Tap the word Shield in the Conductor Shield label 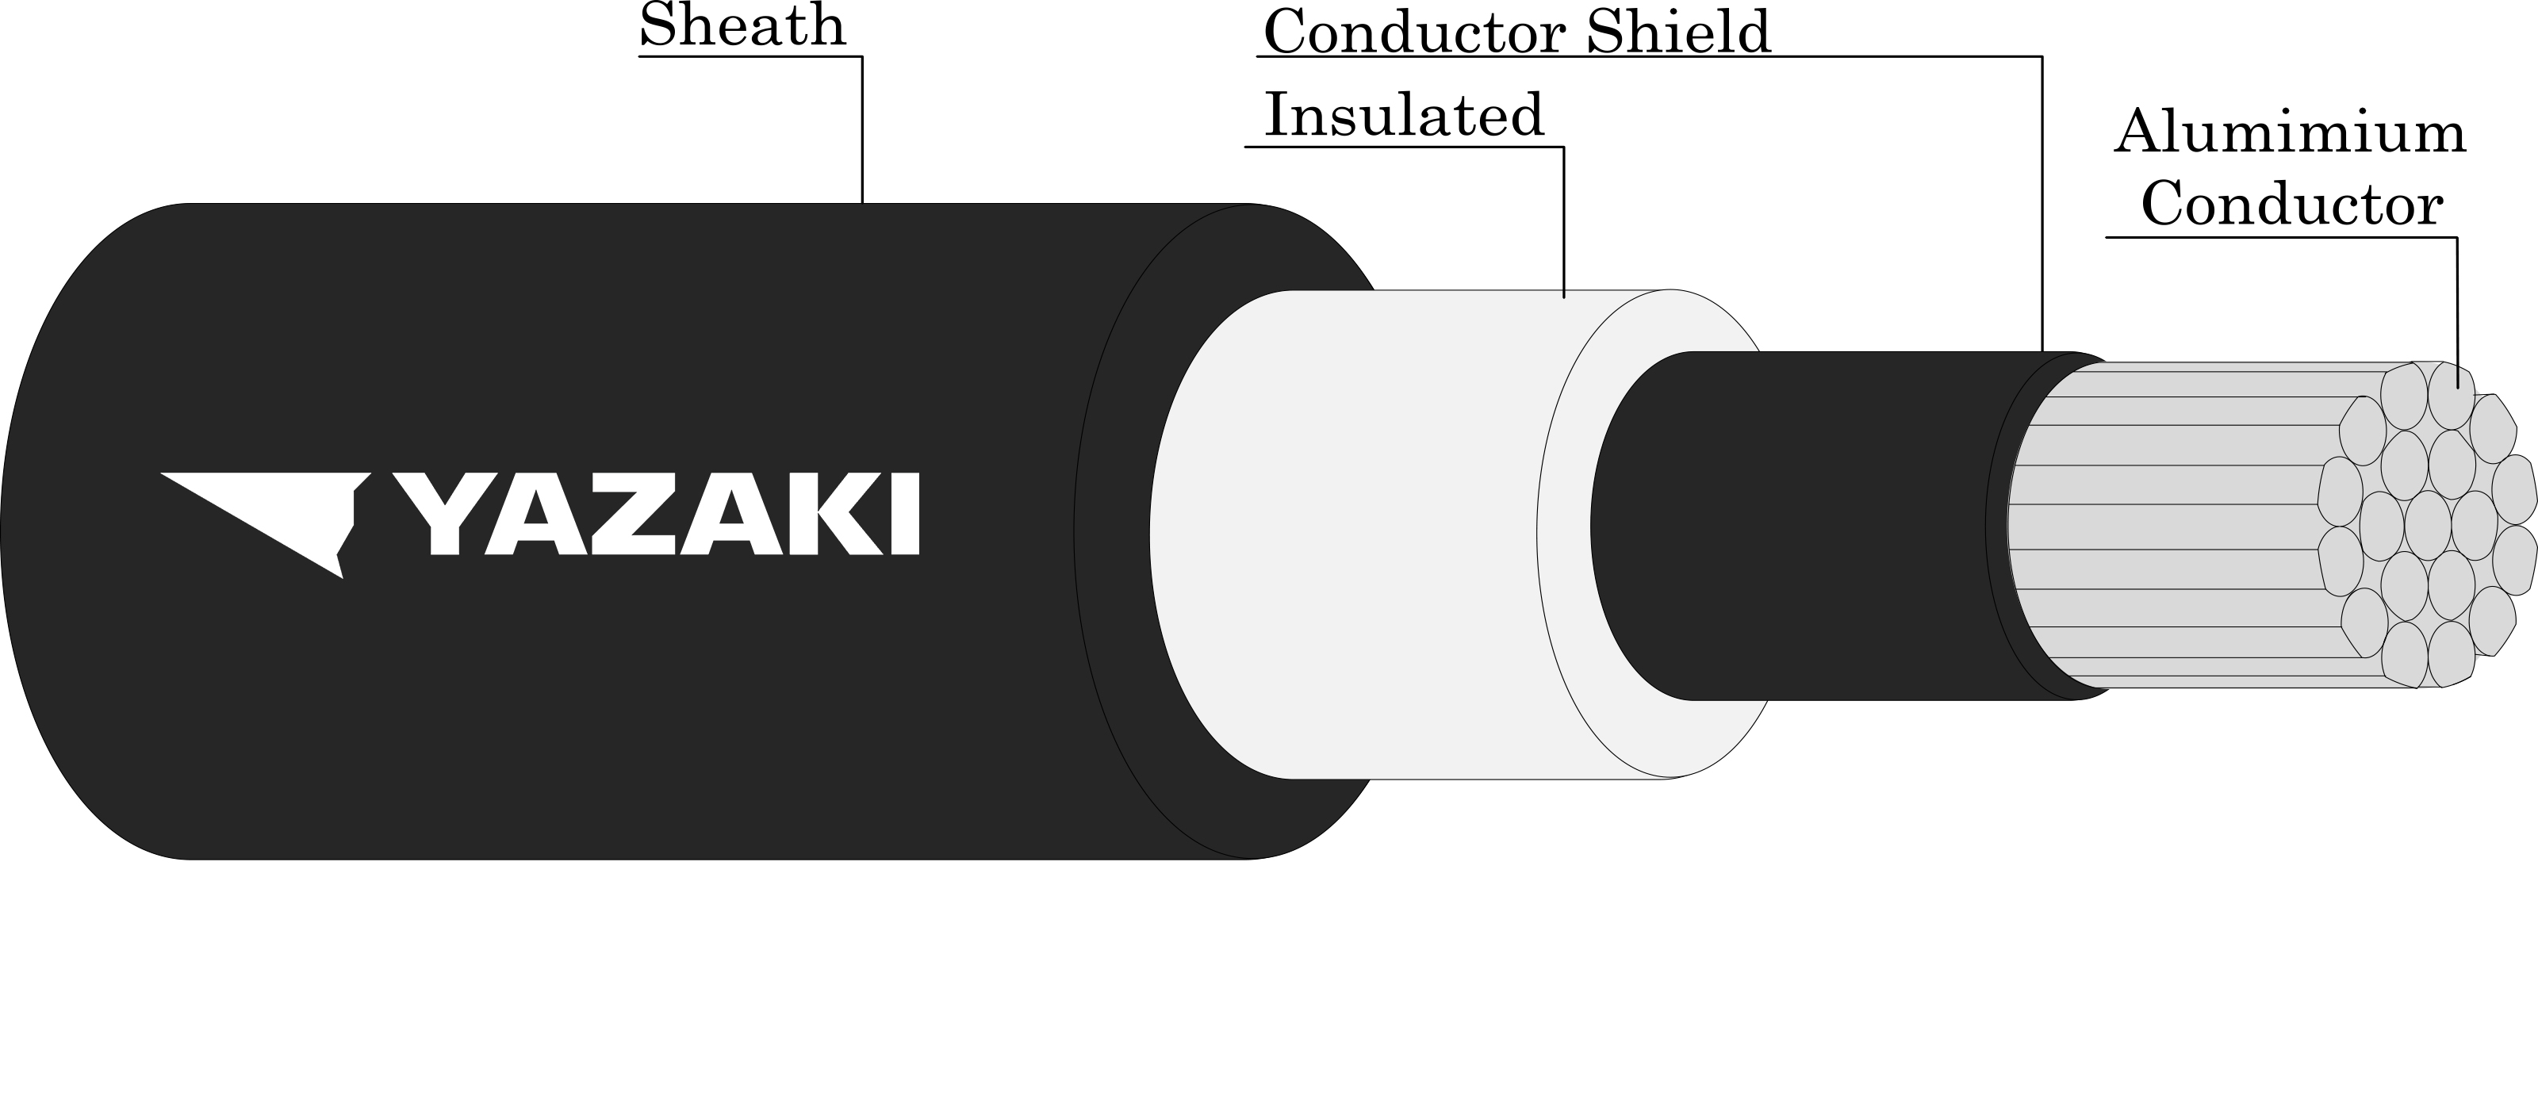click(1678, 32)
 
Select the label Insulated click(1404, 114)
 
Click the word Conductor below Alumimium click(2291, 205)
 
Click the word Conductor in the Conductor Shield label click(1414, 33)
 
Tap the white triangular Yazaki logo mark click(266, 525)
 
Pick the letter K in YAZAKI click(841, 513)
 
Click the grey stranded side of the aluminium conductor click(2168, 526)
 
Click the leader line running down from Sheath click(862, 129)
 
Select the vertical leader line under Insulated click(1563, 221)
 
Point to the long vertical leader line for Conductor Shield click(2042, 204)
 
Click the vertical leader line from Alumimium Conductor click(2456, 313)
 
